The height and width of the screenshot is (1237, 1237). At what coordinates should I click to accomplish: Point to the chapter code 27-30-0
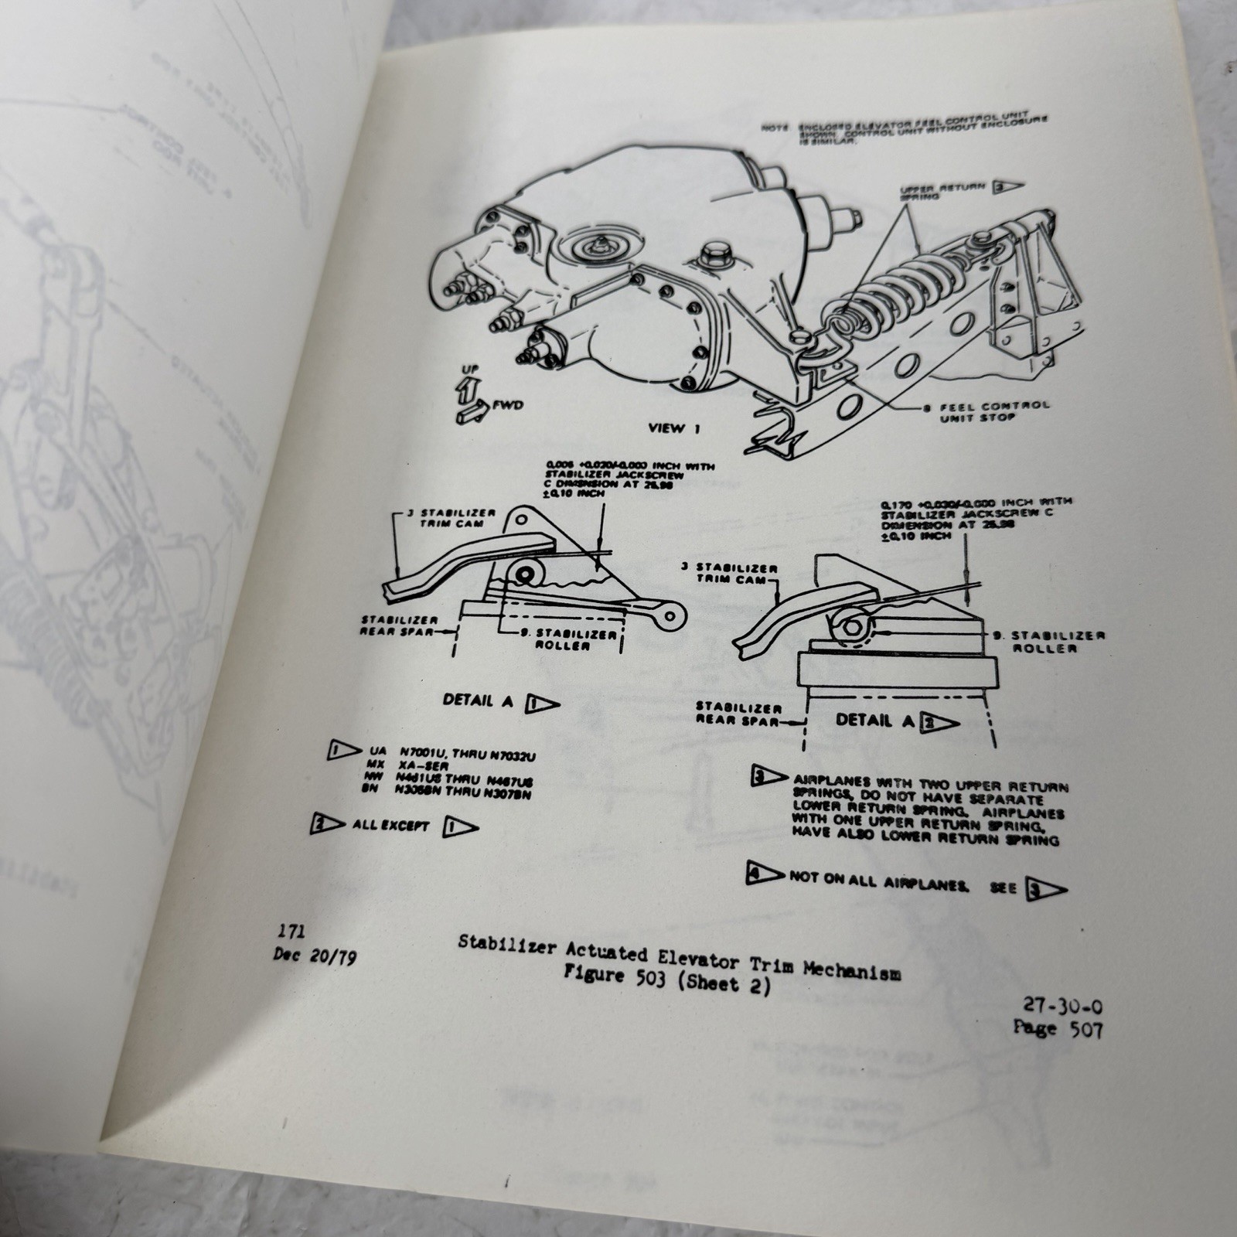click(x=1063, y=1007)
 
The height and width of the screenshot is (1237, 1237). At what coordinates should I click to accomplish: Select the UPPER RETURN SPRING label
click(x=943, y=191)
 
